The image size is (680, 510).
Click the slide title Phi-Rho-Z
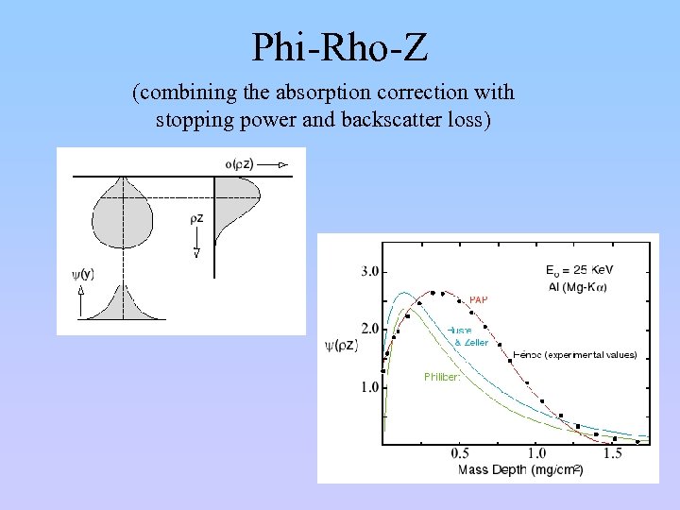pyautogui.click(x=340, y=46)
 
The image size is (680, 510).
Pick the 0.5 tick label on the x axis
pyautogui.click(x=460, y=454)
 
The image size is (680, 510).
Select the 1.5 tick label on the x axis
pyautogui.click(x=612, y=454)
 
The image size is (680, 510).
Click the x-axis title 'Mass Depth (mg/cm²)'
pyautogui.click(x=519, y=469)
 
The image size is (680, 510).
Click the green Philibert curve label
pyautogui.click(x=441, y=377)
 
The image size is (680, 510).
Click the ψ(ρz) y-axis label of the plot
pyautogui.click(x=341, y=345)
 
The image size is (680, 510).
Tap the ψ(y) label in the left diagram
pyautogui.click(x=82, y=274)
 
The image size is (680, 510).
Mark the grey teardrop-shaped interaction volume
pyautogui.click(x=123, y=214)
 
